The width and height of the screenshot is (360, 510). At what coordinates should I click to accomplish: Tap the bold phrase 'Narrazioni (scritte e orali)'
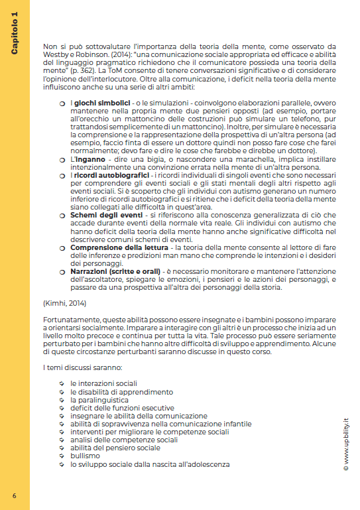click(x=110, y=268)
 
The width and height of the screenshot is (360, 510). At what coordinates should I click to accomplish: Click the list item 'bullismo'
click(x=86, y=456)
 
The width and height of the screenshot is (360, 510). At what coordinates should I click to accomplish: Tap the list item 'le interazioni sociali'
click(x=104, y=384)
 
